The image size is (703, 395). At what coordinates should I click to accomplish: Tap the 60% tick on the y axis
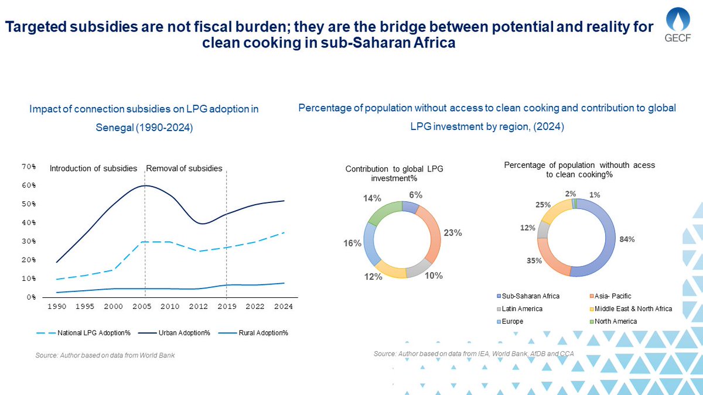click(28, 186)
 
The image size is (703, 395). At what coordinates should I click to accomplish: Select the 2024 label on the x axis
click(284, 306)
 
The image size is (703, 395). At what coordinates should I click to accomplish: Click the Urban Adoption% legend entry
click(173, 333)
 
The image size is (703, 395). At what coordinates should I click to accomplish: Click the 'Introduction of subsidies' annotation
click(93, 169)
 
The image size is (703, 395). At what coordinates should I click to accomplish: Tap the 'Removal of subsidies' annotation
click(184, 169)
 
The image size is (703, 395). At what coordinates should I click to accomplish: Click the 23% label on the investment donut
click(453, 233)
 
